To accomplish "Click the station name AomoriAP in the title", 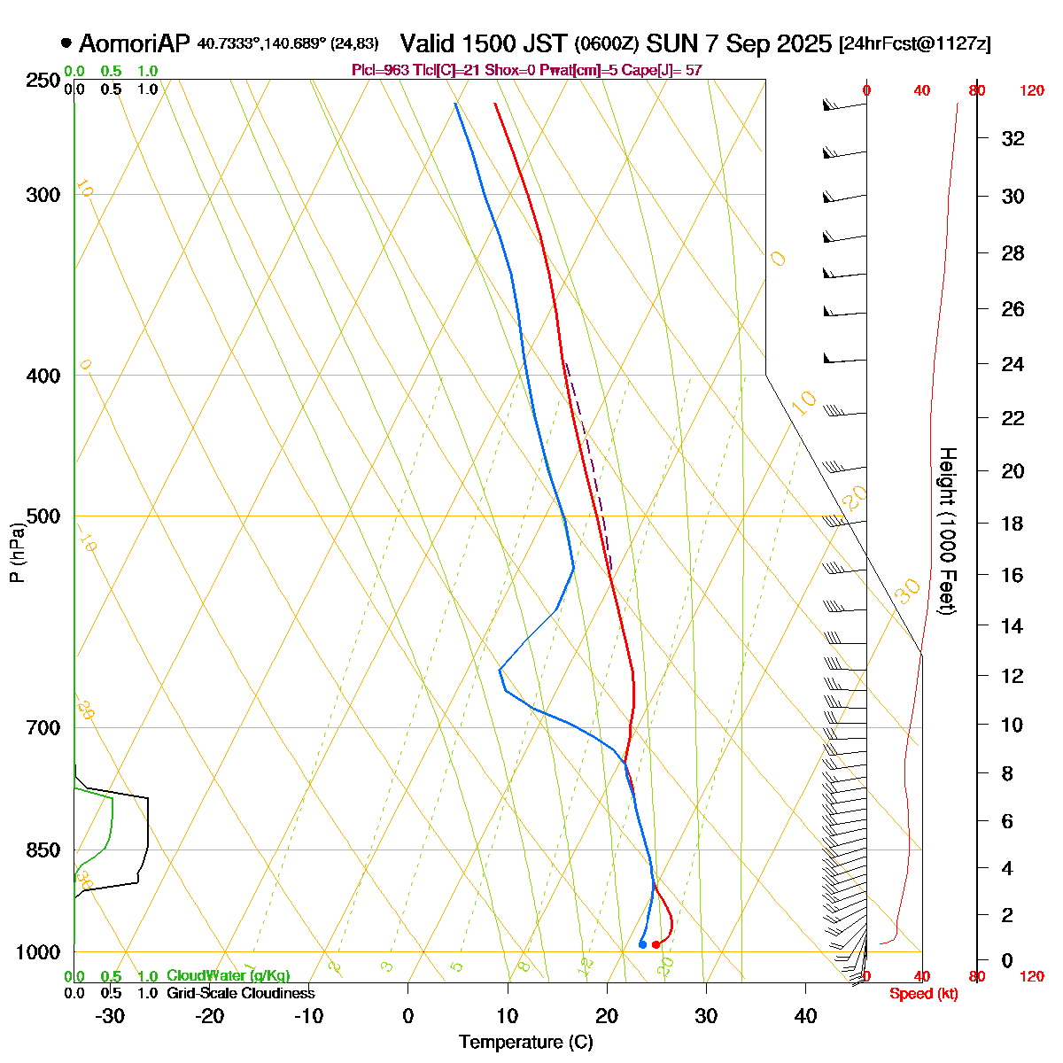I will pos(135,43).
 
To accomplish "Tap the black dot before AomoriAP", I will pos(66,43).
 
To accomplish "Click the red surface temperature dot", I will pos(656,944).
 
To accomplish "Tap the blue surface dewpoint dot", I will pos(642,944).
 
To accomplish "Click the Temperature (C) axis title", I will pos(526,1042).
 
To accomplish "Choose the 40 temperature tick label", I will pos(805,1016).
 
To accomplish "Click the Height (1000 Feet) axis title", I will pos(946,531).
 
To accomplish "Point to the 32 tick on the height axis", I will pos(1013,138).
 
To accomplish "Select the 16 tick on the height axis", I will pos(1013,575).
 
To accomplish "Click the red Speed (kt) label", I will pos(923,994).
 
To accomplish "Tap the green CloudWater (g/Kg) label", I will pos(228,975).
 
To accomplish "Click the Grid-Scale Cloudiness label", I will pos(240,993).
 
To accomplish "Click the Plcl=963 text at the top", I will pos(381,70).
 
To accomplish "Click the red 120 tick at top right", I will pos(1031,90).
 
